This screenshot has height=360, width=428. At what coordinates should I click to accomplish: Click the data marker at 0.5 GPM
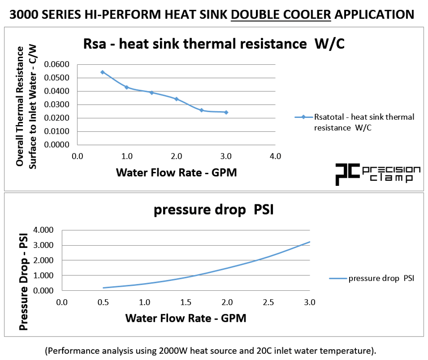[102, 72]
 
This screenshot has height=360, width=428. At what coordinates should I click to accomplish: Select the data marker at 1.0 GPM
[127, 87]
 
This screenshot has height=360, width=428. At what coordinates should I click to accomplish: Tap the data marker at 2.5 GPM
[201, 110]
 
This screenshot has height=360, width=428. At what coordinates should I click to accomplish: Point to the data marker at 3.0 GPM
[226, 112]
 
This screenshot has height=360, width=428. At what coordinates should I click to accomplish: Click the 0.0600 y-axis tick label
[57, 64]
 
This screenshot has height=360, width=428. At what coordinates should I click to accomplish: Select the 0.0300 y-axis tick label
[57, 105]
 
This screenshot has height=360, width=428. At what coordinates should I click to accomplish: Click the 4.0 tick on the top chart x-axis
[275, 157]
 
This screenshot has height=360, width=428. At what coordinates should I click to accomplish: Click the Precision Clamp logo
[378, 174]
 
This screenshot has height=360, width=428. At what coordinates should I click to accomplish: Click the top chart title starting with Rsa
[214, 44]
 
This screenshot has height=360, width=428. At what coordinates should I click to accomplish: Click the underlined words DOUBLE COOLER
[281, 14]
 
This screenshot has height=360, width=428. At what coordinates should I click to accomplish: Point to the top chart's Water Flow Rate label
[176, 173]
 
